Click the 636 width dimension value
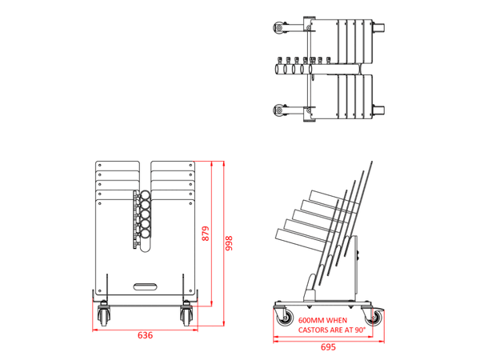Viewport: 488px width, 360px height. click(x=145, y=335)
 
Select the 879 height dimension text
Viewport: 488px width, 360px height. click(x=206, y=234)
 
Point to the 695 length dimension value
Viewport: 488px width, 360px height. click(x=328, y=347)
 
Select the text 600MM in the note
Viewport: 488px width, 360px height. click(x=311, y=318)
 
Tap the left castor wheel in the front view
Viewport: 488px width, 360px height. click(x=102, y=315)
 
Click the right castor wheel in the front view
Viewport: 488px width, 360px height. click(x=187, y=315)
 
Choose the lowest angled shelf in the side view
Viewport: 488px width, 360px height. click(x=300, y=238)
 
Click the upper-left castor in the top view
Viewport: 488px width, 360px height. click(x=280, y=29)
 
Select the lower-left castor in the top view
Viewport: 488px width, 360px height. click(x=280, y=110)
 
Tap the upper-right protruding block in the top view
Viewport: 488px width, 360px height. click(x=382, y=29)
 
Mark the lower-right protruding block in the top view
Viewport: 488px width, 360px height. click(x=382, y=110)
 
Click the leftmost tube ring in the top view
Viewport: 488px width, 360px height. click(x=280, y=70)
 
